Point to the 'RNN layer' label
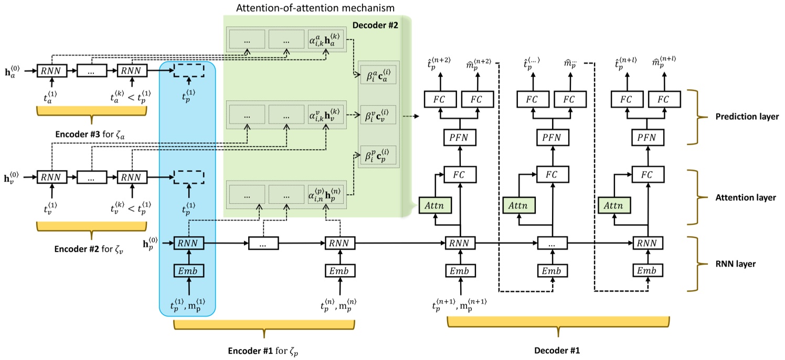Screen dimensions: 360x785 coord(736,264)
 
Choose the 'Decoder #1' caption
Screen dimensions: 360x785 coord(558,348)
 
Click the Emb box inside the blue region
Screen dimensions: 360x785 coord(188,271)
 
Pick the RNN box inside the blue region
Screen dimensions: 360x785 coord(188,243)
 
